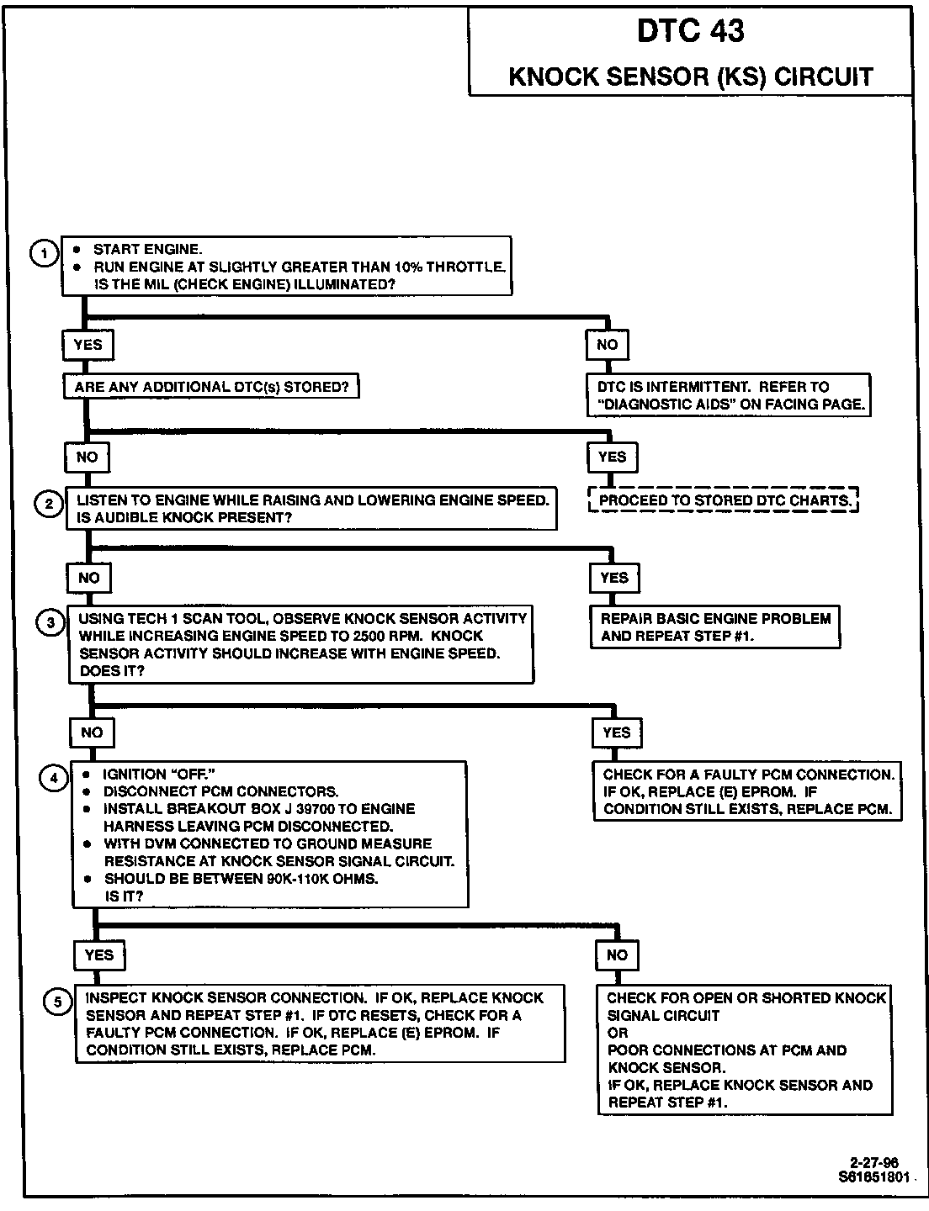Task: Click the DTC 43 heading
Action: (x=690, y=31)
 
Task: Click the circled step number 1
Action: (x=44, y=253)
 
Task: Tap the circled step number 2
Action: (x=48, y=505)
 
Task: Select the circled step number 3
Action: (x=50, y=622)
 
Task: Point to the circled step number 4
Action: (x=54, y=778)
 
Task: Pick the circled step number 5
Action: (x=57, y=1002)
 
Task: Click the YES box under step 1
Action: (x=88, y=345)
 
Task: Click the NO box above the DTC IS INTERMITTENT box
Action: (x=607, y=345)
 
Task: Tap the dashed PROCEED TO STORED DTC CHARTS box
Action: (x=724, y=500)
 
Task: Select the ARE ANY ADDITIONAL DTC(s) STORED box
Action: (x=211, y=387)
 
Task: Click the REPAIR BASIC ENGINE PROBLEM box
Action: (x=715, y=627)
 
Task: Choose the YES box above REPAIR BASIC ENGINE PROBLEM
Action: (x=614, y=578)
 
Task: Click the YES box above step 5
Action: (x=99, y=955)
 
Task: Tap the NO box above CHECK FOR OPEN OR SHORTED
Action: (x=617, y=955)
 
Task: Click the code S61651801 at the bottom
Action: (x=873, y=1177)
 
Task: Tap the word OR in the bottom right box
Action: (x=618, y=1033)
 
